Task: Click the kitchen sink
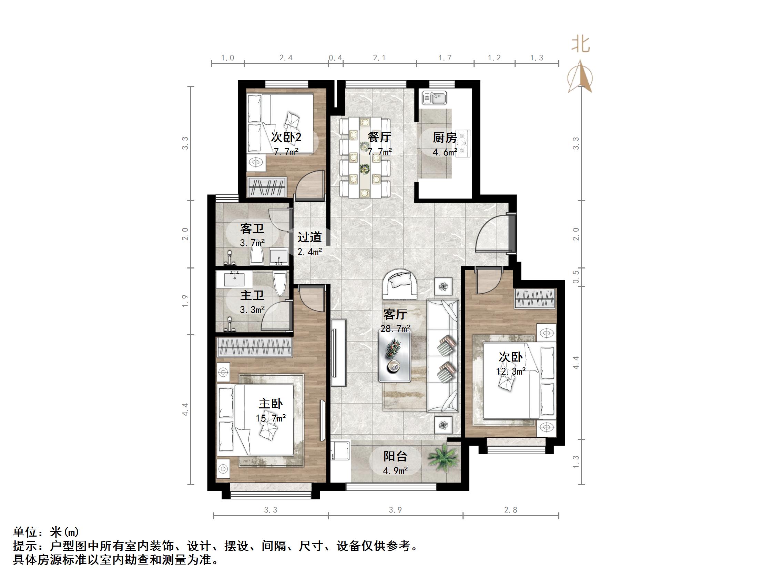[434, 98]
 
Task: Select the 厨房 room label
[444, 138]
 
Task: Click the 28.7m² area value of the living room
[395, 328]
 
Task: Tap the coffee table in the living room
[395, 356]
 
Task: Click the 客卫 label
[252, 229]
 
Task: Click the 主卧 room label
[271, 404]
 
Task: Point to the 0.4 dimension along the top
[335, 58]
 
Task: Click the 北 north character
[580, 45]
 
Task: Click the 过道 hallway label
[309, 237]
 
